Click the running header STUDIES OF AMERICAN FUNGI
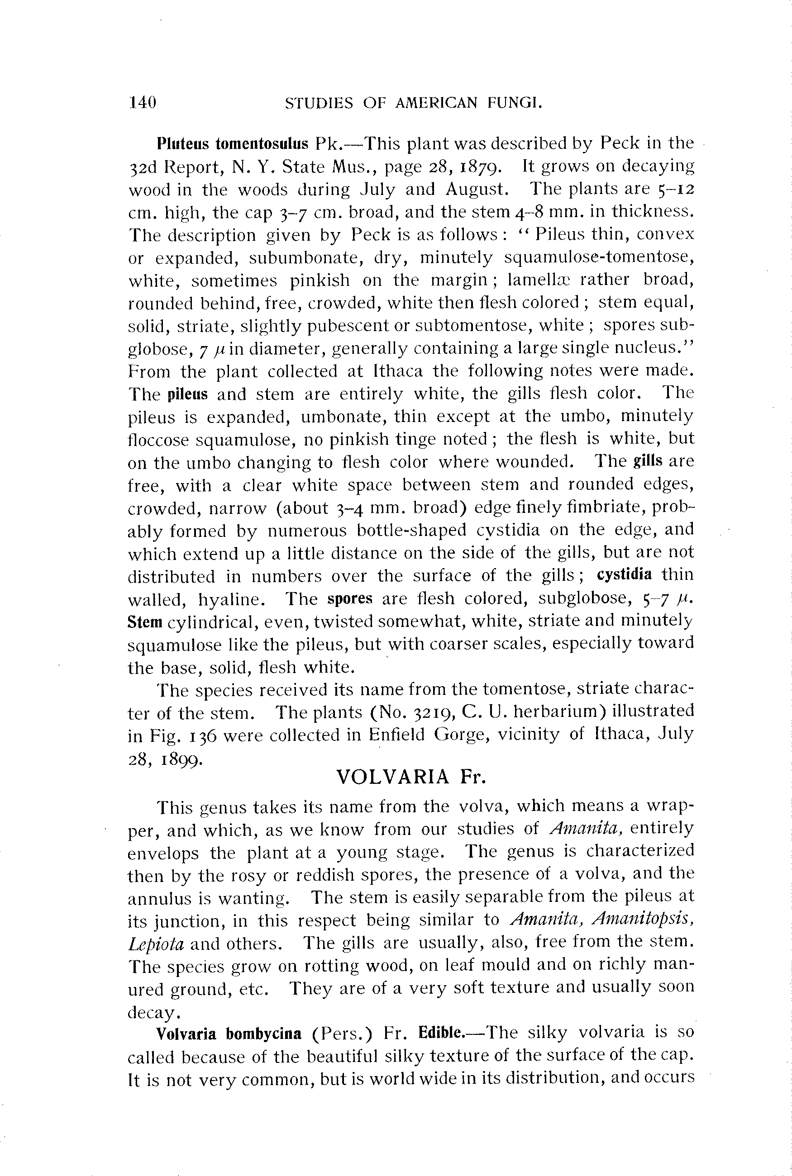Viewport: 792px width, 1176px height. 414,103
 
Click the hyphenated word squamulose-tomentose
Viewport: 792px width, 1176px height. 599,257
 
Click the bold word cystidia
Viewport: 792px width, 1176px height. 624,574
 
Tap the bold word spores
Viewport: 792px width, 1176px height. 349,598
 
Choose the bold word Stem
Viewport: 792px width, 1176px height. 145,621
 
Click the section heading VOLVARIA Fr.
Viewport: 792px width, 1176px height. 410,777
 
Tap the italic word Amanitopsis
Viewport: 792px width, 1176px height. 643,920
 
